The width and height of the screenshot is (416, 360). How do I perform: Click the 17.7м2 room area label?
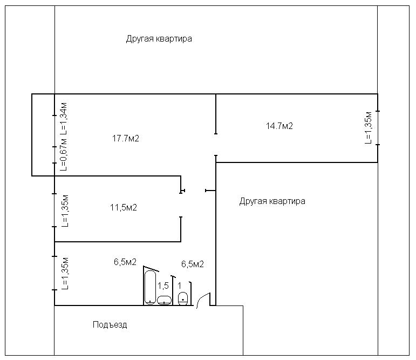(126, 138)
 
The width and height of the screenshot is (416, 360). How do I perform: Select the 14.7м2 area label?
(279, 126)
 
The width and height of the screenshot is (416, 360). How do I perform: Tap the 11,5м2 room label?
(123, 207)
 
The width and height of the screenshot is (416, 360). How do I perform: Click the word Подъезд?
(110, 325)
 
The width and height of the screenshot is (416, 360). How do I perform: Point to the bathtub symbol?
(149, 287)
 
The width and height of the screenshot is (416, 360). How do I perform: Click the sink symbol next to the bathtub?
(164, 300)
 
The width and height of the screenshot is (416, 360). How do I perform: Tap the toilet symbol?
(183, 297)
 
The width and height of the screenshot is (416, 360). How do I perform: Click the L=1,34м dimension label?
(64, 118)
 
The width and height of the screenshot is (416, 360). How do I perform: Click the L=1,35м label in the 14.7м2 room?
(369, 128)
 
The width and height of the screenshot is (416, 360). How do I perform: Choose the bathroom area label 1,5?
(163, 285)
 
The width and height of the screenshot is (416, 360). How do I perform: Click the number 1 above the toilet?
(180, 285)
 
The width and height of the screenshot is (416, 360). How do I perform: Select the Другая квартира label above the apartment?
(159, 39)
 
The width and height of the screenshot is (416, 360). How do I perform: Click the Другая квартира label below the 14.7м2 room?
(272, 201)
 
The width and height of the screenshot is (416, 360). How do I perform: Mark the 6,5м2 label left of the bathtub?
(125, 262)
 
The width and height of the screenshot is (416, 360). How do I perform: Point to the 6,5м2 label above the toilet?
(192, 264)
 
